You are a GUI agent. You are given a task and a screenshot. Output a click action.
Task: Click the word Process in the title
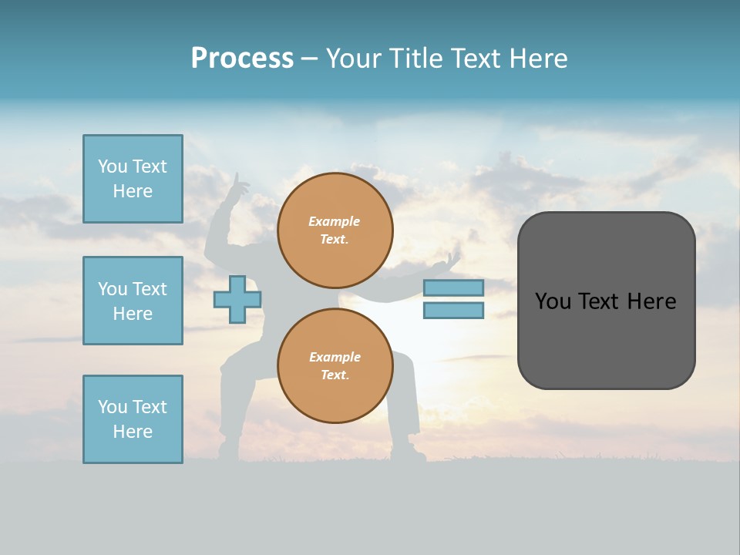point(242,58)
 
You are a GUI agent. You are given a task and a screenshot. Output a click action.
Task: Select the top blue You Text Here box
point(133,179)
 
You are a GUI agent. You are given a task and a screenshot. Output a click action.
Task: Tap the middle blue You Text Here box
point(133,301)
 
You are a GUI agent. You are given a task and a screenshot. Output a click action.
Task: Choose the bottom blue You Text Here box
point(133,419)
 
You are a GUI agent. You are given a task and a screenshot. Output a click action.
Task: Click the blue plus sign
point(237,300)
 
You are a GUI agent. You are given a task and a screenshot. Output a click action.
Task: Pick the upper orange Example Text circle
point(335,230)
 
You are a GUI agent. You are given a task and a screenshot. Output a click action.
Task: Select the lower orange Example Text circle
point(335,366)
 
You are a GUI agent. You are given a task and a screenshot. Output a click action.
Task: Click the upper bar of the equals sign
point(453,288)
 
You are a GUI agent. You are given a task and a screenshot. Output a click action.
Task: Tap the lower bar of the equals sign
point(453,311)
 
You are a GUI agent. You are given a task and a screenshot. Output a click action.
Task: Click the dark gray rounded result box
point(606,301)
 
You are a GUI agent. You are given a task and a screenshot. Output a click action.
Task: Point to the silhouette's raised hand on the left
point(238,185)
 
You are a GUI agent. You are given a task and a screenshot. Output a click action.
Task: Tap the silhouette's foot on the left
point(228,449)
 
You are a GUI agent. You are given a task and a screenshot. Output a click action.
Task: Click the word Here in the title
point(539,58)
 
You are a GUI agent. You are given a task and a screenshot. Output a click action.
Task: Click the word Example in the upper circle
point(335,221)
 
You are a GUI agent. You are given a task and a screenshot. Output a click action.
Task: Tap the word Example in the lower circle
point(335,357)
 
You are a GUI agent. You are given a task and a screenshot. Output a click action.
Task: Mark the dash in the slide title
point(309,59)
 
